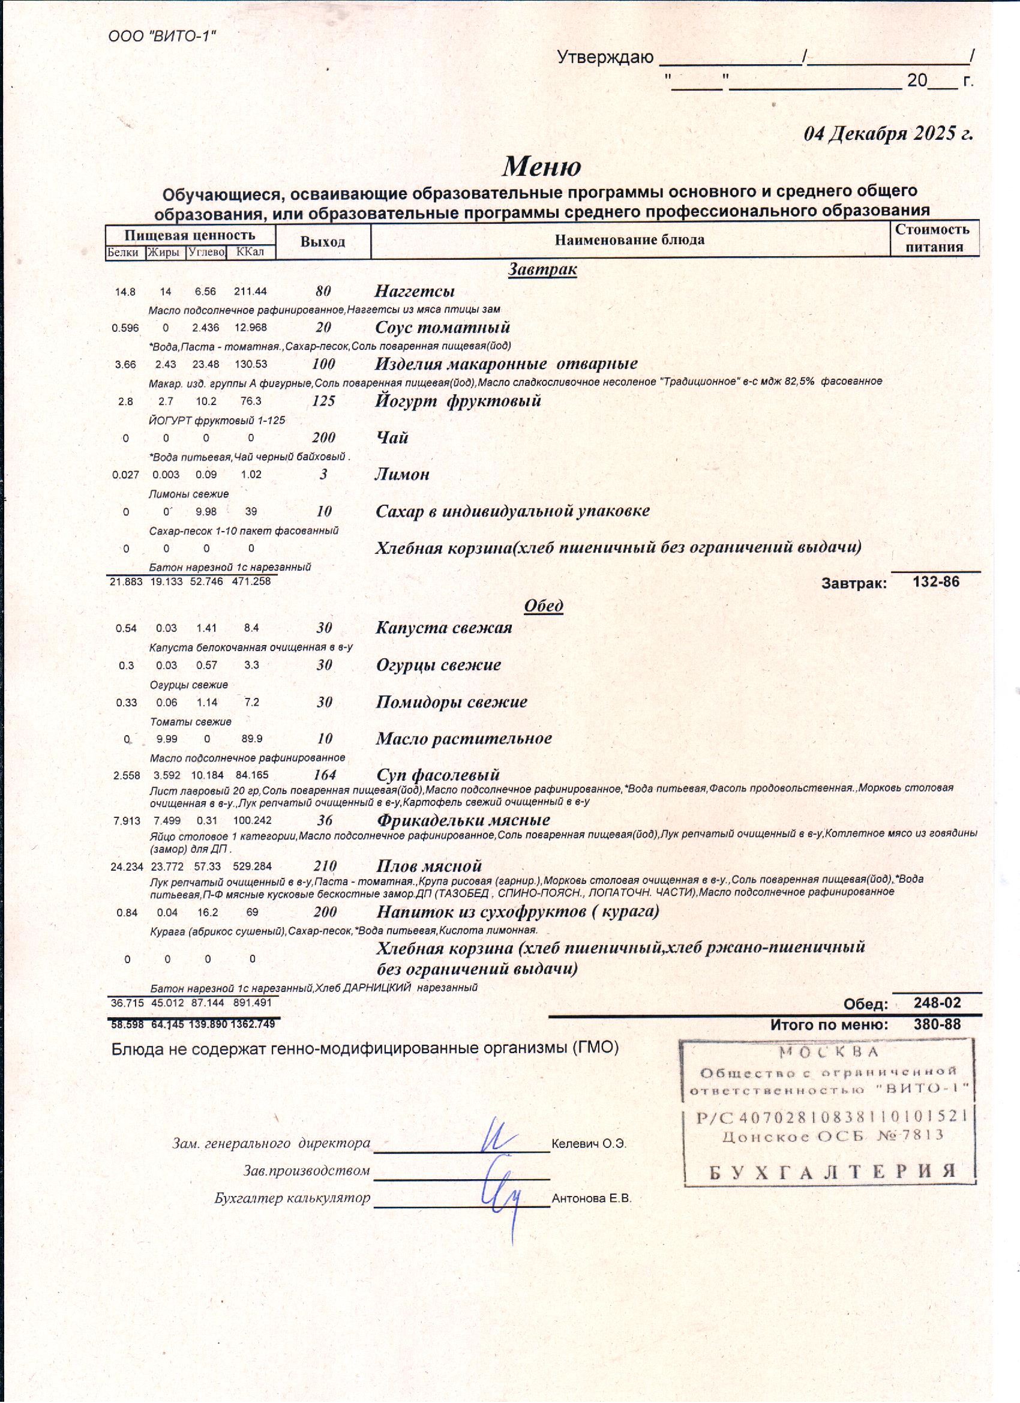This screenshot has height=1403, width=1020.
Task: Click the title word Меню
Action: pos(541,166)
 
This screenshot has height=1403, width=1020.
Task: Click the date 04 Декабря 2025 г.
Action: pos(887,134)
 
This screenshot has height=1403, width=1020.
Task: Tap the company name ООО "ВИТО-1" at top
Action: pos(162,37)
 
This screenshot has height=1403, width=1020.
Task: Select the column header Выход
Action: pos(322,242)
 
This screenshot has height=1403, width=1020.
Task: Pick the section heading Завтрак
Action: pos(542,269)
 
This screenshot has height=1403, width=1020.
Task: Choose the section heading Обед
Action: pos(543,605)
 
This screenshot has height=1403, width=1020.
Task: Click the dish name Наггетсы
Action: pos(415,291)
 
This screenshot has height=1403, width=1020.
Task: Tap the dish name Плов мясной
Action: pos(428,865)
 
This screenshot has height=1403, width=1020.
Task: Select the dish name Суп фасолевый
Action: pos(438,775)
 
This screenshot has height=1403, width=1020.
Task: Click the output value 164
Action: pos(324,775)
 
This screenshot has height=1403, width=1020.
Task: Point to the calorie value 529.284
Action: pos(253,866)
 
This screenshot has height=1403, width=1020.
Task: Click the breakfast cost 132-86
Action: pos(936,581)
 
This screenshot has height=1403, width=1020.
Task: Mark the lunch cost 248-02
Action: pos(937,1003)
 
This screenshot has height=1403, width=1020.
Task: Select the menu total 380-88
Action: pos(937,1024)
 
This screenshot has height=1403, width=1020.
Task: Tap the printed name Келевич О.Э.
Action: pos(589,1144)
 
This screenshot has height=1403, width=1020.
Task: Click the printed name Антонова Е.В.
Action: pos(591,1198)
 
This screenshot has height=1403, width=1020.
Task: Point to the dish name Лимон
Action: pos(402,475)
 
